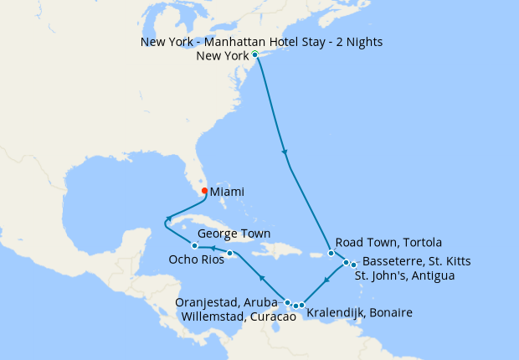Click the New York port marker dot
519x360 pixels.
(254, 55)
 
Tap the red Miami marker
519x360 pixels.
(204, 190)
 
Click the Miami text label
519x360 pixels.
(229, 192)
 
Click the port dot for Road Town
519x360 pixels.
(331, 254)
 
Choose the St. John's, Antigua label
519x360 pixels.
(405, 275)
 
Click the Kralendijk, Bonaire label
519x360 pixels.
(360, 313)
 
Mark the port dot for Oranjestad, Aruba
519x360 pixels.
(288, 302)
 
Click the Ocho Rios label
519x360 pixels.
(171, 260)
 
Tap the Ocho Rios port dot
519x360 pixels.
(229, 254)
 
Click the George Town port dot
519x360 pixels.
(194, 246)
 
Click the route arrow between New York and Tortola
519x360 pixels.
(286, 152)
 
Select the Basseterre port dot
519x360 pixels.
(346, 263)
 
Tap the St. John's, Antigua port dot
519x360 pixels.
(353, 265)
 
